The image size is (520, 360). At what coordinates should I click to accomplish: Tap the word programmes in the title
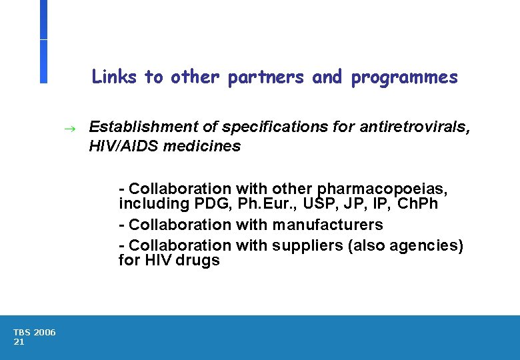(x=405, y=78)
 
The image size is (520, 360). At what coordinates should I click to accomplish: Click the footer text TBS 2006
(x=35, y=332)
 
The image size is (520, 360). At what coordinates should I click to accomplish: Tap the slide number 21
(x=19, y=341)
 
